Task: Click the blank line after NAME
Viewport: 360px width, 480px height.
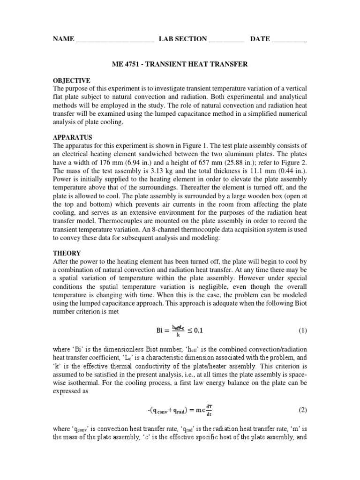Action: point(114,40)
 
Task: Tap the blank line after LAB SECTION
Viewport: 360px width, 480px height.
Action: point(226,40)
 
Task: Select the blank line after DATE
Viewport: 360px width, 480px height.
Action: point(289,40)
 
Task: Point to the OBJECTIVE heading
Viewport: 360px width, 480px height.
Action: point(72,81)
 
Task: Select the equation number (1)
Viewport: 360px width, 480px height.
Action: point(302,330)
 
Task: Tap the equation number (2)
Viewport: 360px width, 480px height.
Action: point(302,410)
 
